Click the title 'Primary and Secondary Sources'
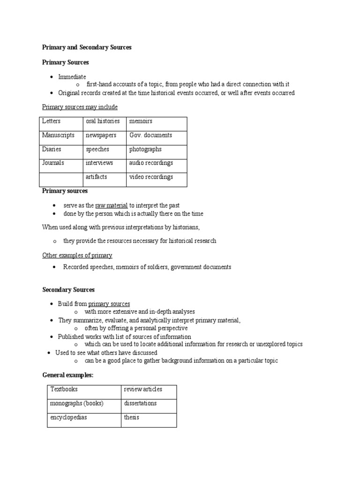click(87, 47)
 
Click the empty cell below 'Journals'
click(60, 180)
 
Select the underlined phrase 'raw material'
click(112, 206)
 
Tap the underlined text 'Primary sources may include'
click(80, 107)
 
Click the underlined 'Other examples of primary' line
click(77, 255)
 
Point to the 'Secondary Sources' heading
click(68, 290)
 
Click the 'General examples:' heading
click(68, 375)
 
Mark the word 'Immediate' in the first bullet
click(72, 77)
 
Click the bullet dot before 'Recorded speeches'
click(55, 267)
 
